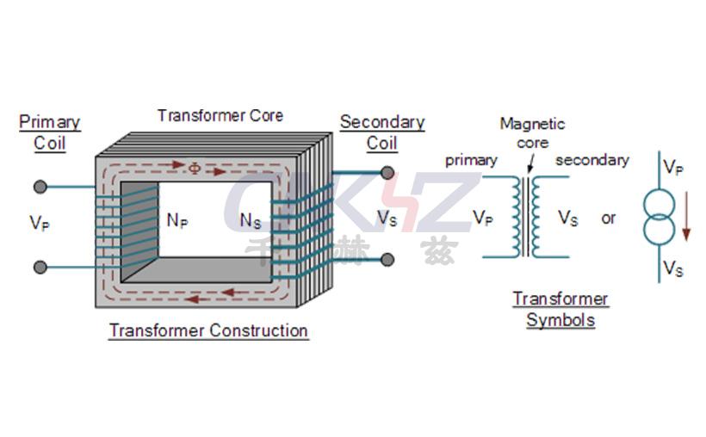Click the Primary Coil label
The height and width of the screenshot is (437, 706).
click(x=49, y=132)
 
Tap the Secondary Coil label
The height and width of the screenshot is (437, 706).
click(x=382, y=132)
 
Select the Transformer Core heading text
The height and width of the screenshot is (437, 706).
click(x=220, y=115)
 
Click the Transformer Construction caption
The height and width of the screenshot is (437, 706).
click(x=208, y=330)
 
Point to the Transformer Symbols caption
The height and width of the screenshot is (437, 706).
click(x=560, y=310)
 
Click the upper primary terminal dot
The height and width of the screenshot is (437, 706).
click(x=40, y=187)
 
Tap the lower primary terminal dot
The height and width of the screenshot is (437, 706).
click(x=40, y=267)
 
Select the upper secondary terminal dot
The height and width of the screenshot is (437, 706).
click(x=387, y=171)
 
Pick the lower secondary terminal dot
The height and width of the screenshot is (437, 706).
click(x=387, y=258)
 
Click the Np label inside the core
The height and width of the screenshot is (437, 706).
click(x=177, y=220)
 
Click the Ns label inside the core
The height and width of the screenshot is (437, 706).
click(x=251, y=220)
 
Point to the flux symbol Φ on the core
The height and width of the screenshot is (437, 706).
click(x=195, y=168)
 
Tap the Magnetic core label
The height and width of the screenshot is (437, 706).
click(x=532, y=133)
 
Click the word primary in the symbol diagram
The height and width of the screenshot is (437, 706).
click(x=471, y=160)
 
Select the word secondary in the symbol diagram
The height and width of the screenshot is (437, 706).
click(x=591, y=160)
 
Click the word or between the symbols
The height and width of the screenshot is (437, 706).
click(x=609, y=218)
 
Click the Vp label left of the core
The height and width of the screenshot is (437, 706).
click(x=39, y=223)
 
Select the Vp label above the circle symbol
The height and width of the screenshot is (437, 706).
click(x=673, y=167)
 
